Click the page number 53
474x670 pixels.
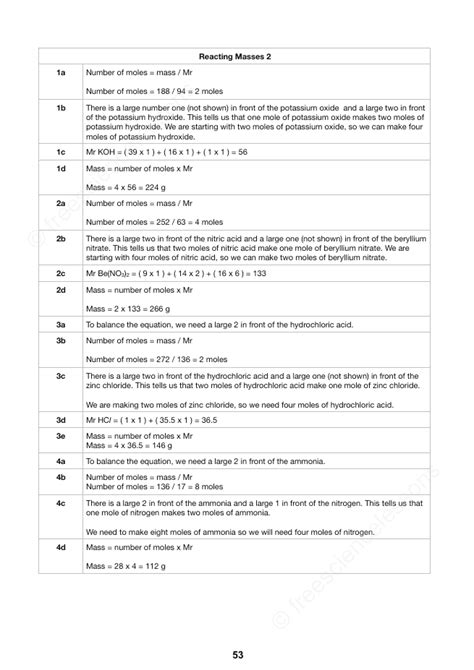tap(237, 654)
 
